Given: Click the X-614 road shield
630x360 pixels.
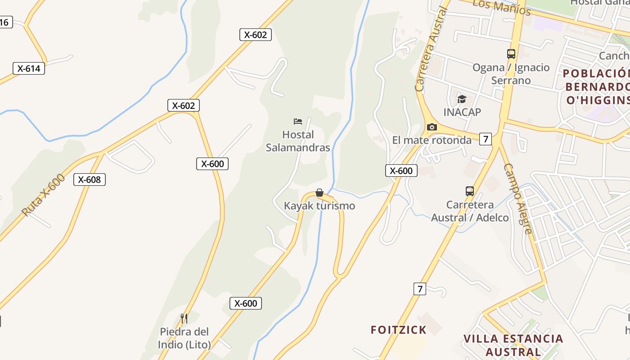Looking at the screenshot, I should click(29, 69).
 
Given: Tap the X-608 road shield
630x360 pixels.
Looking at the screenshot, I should click(90, 180).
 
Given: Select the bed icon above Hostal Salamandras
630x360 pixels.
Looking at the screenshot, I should click(297, 121).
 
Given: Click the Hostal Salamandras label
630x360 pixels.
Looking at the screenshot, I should click(298, 141).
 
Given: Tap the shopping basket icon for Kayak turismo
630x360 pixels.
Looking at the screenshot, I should click(319, 193).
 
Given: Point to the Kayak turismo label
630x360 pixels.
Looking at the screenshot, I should click(319, 206).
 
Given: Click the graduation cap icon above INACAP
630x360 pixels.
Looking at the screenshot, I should click(462, 99).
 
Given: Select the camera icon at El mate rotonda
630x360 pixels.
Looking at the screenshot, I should click(432, 127).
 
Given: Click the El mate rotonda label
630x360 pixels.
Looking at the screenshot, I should click(432, 140).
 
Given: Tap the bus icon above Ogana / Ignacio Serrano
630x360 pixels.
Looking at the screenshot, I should click(511, 54).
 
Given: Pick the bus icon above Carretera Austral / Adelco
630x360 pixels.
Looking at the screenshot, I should click(470, 191).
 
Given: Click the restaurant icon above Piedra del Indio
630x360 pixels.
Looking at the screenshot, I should click(184, 319).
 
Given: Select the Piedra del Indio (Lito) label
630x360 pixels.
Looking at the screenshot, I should click(184, 338).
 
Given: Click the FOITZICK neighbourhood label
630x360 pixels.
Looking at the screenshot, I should click(398, 330).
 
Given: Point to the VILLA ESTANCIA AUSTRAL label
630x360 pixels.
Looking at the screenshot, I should click(513, 345).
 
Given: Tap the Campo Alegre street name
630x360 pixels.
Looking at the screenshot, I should click(518, 198).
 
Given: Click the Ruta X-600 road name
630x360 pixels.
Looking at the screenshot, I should click(43, 194).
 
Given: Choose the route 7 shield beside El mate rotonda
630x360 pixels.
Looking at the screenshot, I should click(485, 139).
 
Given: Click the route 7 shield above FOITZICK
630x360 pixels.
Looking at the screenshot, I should click(420, 289).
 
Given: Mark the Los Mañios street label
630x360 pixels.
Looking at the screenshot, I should click(502, 6).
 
